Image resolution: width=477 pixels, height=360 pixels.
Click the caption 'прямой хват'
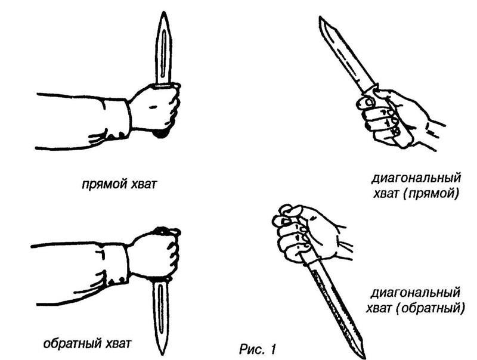coord(119,185)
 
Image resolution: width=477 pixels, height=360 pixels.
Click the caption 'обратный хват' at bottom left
coord(87,343)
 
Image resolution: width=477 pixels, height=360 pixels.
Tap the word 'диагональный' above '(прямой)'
coord(416,178)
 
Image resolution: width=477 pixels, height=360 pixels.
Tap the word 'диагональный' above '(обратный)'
coord(415,293)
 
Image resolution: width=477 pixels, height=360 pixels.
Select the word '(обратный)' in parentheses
coord(430,309)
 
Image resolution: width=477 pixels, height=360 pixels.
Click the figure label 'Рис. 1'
coord(258,349)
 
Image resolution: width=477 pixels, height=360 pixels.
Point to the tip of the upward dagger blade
coord(164,12)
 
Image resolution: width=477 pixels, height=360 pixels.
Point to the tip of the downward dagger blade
coord(162,354)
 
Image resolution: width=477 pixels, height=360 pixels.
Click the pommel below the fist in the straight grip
coord(161,134)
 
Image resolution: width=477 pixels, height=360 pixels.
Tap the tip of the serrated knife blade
coord(364,358)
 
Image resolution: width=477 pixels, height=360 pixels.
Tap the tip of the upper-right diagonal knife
coord(320,18)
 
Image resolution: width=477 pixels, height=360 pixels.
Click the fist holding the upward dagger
coord(155,108)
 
